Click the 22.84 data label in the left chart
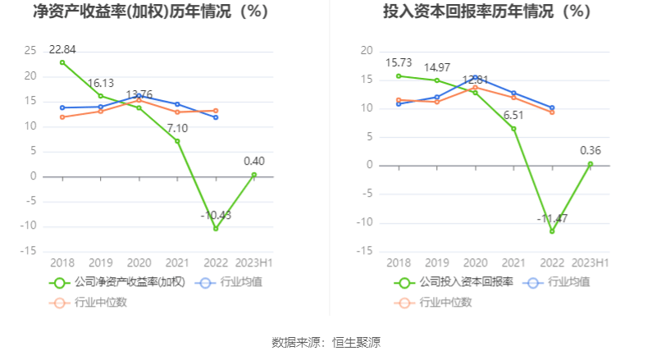(62, 48)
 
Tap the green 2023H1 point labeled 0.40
(254, 175)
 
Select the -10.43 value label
(216, 215)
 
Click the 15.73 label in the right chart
(399, 62)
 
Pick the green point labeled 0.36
(590, 163)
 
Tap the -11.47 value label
(552, 218)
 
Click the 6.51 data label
(513, 116)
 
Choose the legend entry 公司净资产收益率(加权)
(118, 282)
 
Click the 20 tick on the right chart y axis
(367, 51)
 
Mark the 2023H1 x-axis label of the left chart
(254, 262)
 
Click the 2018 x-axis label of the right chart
(399, 262)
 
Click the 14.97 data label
(437, 67)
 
